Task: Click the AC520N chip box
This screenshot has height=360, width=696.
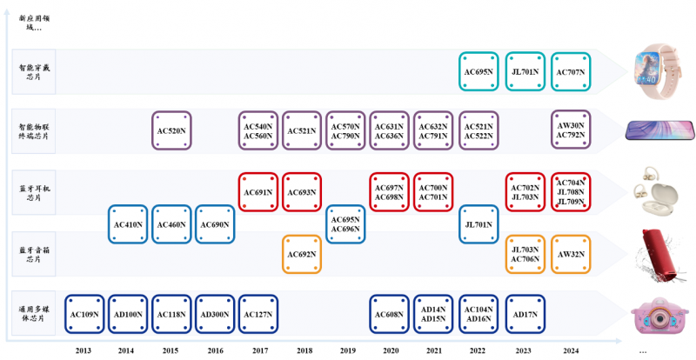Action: (171, 131)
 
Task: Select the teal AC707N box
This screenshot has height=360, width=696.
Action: (572, 72)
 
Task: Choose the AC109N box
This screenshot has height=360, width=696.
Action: (84, 314)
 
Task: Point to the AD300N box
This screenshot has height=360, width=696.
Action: (216, 314)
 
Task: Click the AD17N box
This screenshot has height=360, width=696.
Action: (525, 314)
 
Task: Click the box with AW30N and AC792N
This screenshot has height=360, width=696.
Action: (572, 131)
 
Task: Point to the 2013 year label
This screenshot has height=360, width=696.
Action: (84, 350)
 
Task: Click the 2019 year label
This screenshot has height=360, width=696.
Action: (346, 350)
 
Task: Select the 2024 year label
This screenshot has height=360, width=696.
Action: (572, 350)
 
